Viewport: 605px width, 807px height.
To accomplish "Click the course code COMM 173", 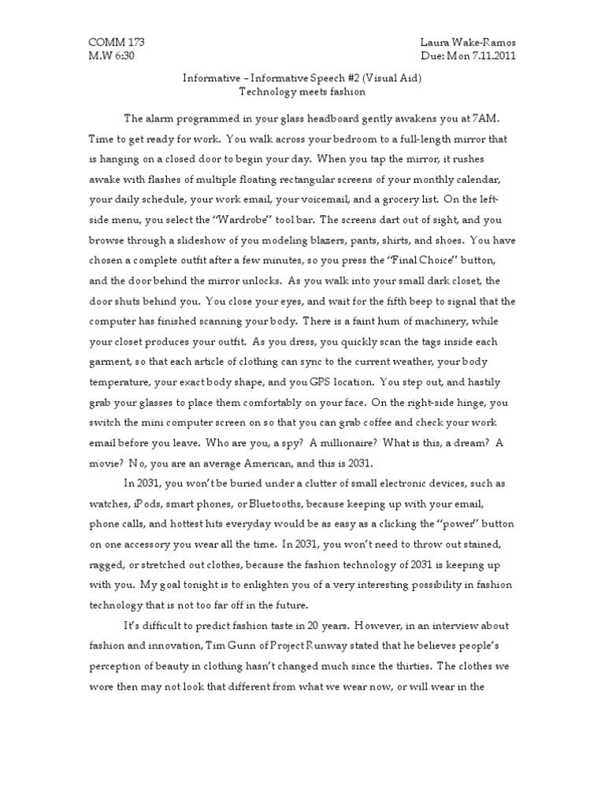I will pos(116,42).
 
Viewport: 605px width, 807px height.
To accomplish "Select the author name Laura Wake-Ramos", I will pos(469,42).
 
